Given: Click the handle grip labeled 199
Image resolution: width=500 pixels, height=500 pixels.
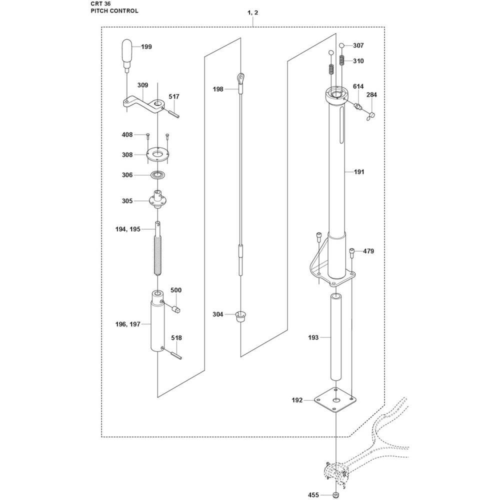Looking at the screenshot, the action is pyautogui.click(x=127, y=53).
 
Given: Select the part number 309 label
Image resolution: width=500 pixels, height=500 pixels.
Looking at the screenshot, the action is pyautogui.click(x=143, y=85).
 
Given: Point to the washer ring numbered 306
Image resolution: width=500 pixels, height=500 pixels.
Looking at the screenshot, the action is pyautogui.click(x=157, y=174).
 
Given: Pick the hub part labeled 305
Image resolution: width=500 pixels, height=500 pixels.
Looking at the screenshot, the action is pyautogui.click(x=157, y=199).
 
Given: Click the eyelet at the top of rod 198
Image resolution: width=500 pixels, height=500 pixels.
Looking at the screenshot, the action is pyautogui.click(x=241, y=78).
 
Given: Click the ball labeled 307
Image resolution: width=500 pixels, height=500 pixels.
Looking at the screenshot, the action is pyautogui.click(x=341, y=45).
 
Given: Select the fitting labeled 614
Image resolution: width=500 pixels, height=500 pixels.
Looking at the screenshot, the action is pyautogui.click(x=356, y=106).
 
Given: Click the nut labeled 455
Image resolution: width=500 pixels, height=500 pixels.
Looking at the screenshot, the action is pyautogui.click(x=335, y=494).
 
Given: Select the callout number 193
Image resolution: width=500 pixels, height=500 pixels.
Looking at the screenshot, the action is pyautogui.click(x=313, y=337).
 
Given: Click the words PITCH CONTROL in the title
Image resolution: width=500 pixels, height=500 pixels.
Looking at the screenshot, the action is pyautogui.click(x=114, y=11).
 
